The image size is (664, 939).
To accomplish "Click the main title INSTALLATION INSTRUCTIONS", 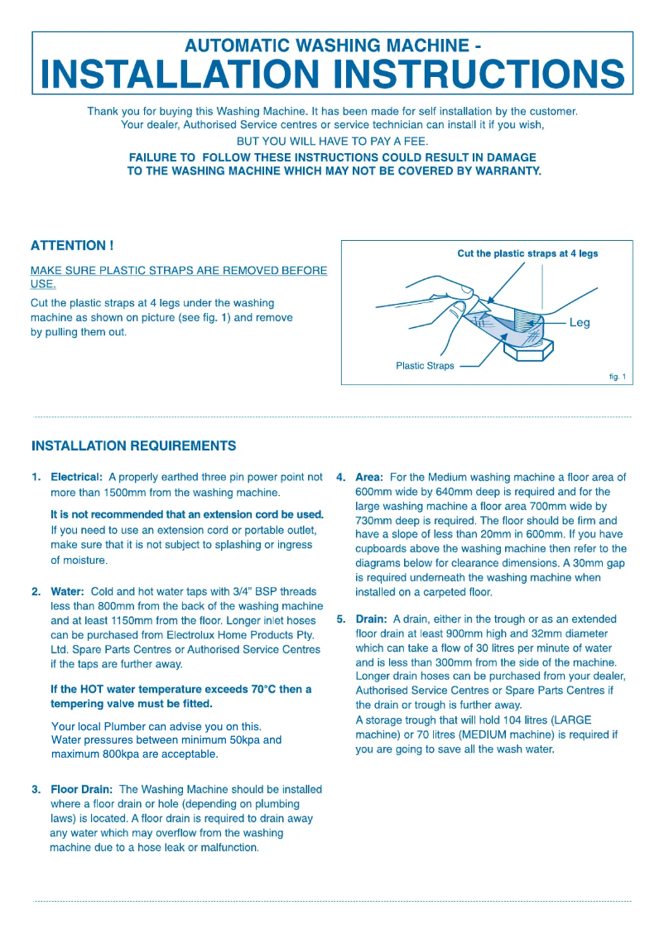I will coord(332,75).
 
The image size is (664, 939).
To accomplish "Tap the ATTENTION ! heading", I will coord(71,245).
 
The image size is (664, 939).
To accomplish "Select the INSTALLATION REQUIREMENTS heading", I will coord(133,446).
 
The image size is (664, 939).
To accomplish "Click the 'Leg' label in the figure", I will coord(580,323).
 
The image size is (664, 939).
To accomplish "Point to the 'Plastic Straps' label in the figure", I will coord(425,365).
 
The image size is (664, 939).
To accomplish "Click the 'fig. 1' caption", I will coord(617,377).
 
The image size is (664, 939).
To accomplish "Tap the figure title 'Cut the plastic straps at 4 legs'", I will coord(527,253).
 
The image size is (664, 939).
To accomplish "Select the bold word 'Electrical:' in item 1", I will coord(77,478).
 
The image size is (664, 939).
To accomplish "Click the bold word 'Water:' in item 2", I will coord(68,592).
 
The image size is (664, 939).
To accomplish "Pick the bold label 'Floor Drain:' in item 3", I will coord(82,790).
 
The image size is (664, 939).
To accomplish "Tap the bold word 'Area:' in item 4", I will coord(369,478).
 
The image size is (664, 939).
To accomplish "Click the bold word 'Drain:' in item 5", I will coord(371,619).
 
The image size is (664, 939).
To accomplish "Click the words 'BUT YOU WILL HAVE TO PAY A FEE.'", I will coord(332,141).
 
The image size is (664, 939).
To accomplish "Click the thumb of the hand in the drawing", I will coord(458,311).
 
